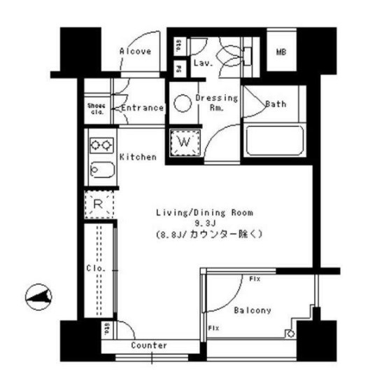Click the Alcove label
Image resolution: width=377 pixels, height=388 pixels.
pos(135,51)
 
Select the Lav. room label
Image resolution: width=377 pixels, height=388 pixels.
pos(204,62)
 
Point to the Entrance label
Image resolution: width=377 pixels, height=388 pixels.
pos(143,108)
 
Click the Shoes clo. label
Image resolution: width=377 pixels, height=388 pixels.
pos(96,108)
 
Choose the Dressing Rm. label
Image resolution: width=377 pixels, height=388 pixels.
pos(217,103)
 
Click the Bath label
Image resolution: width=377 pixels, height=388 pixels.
pos(276,104)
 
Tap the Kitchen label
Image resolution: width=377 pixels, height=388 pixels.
pos(138,157)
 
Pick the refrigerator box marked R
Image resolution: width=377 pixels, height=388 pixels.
pos(99,206)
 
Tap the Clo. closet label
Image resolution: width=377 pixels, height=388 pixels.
pos(95,268)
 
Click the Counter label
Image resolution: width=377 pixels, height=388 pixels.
pos(149,345)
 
